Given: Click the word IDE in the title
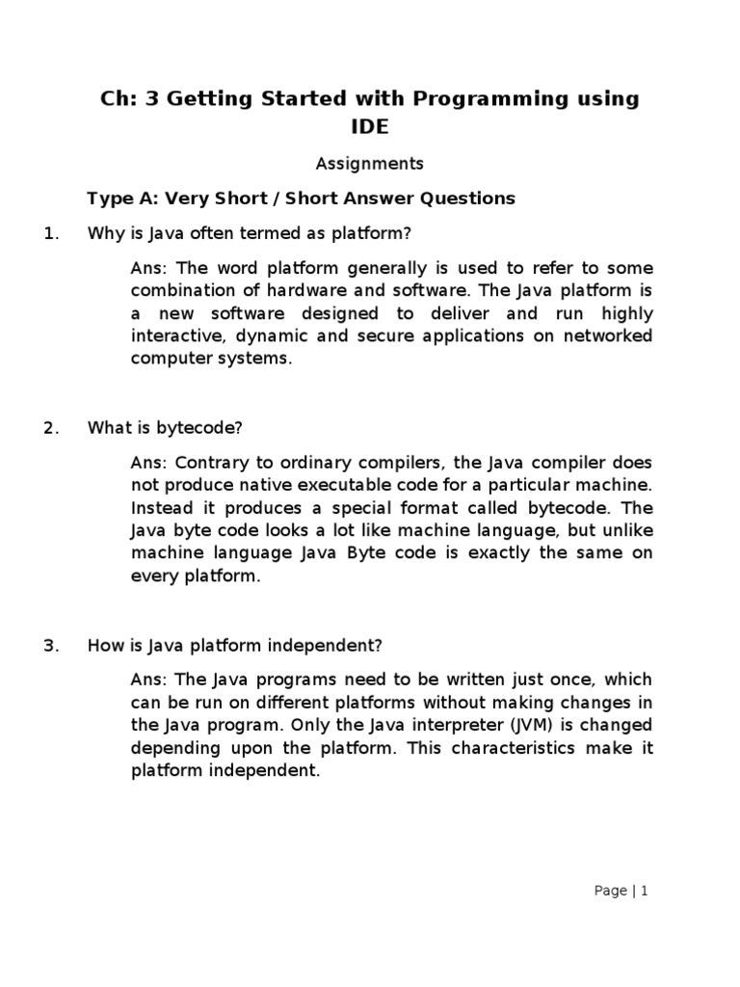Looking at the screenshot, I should click(x=370, y=126).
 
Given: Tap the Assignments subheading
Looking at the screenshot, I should click(x=370, y=164).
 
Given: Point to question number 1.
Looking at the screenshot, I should click(x=52, y=233).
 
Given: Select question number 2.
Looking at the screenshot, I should click(x=52, y=428).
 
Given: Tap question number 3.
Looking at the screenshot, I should click(x=52, y=646).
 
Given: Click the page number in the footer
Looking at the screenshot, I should click(x=645, y=892).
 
